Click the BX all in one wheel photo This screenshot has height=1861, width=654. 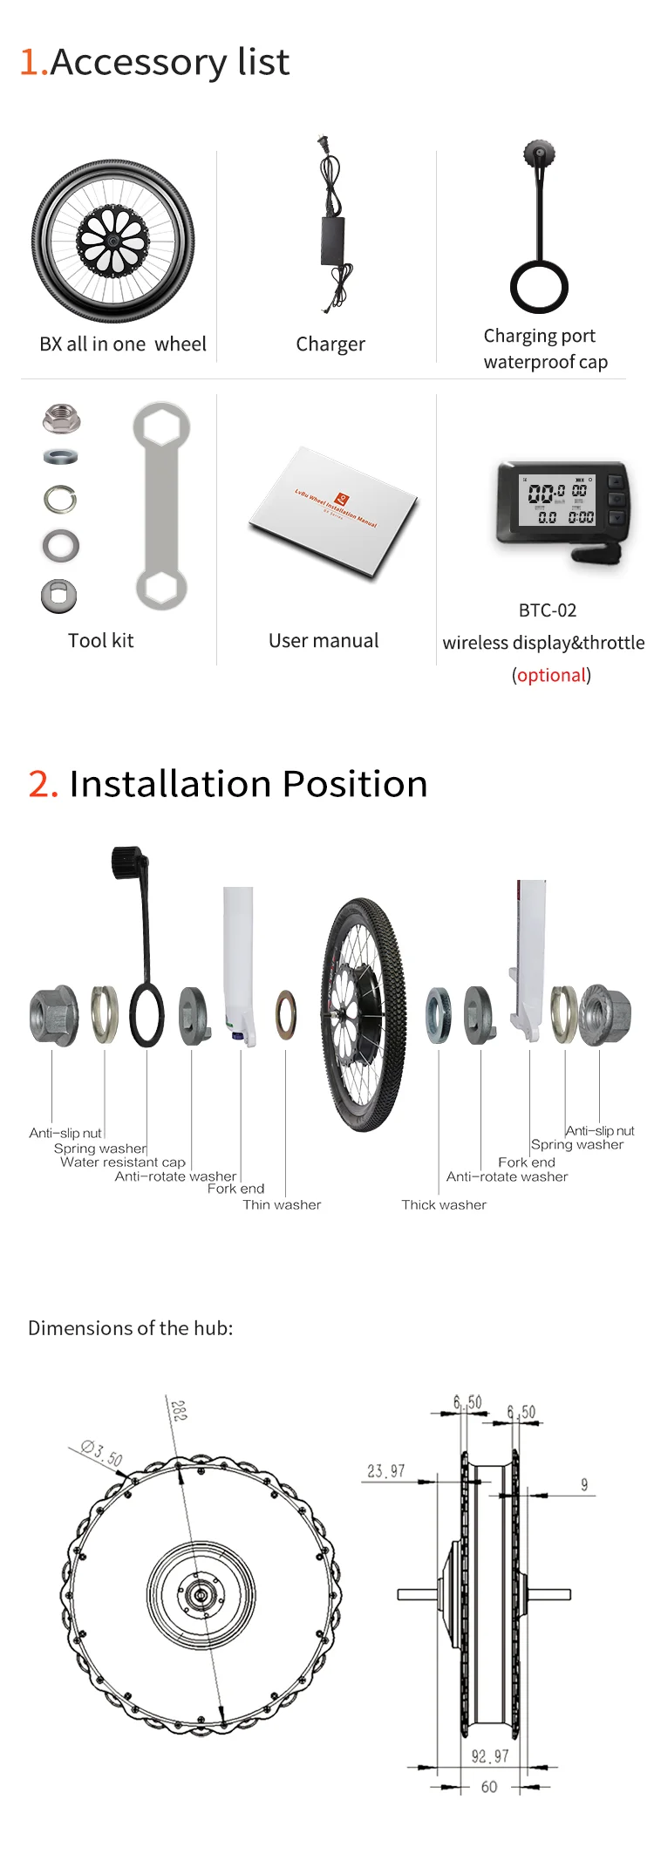tap(113, 241)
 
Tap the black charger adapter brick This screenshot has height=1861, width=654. tap(333, 241)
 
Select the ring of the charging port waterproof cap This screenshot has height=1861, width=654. tap(539, 287)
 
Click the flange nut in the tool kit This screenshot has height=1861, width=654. tap(61, 419)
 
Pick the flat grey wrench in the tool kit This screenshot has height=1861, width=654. tap(161, 505)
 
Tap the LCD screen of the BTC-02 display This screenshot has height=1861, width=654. tap(557, 500)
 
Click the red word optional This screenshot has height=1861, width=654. tap(551, 675)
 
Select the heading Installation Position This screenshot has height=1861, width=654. tap(249, 784)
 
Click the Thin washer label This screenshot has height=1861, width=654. tap(282, 1204)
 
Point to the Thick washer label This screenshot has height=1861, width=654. tap(444, 1204)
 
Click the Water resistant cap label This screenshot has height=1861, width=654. tap(123, 1162)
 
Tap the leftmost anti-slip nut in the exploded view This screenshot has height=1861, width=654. tap(52, 1015)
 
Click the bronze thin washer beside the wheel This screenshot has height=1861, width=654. tap(286, 1015)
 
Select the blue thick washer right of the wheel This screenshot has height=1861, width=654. tap(438, 1015)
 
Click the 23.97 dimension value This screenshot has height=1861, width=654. tap(385, 1471)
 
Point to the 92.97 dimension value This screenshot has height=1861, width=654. tap(489, 1756)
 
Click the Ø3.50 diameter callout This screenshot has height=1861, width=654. tap(102, 1453)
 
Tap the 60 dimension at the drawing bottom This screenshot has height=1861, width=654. tap(489, 1787)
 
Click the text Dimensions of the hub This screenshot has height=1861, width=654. tap(131, 1328)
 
